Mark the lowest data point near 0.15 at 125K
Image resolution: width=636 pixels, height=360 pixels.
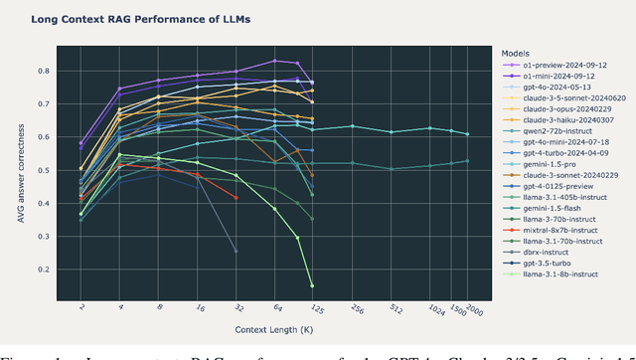click(312, 285)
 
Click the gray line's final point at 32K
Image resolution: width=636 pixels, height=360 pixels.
click(236, 251)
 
